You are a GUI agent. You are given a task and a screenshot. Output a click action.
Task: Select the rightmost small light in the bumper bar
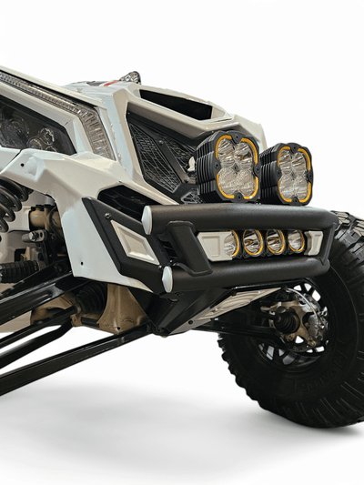point(296,242)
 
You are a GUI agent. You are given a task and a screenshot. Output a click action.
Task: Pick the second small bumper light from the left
point(253,242)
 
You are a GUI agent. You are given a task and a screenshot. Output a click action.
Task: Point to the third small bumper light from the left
point(275,242)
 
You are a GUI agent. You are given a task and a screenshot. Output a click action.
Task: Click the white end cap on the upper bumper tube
point(147,219)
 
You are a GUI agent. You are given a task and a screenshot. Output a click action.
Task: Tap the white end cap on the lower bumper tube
point(167,278)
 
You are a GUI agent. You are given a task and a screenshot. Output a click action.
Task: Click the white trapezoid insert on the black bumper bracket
point(134,244)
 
